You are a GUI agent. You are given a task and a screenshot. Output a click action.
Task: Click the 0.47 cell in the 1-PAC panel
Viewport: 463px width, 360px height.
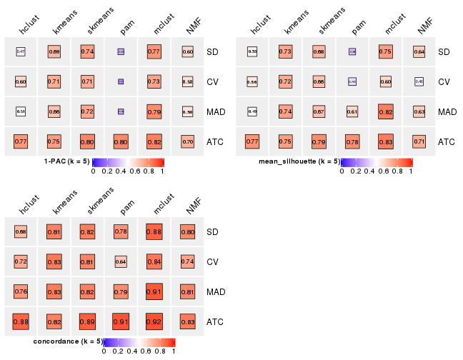pos(21,52)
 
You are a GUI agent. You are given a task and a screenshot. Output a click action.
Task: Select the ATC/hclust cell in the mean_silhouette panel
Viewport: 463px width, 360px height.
pos(252,142)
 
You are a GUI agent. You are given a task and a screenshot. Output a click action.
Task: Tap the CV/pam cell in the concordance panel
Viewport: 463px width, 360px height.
pos(121,262)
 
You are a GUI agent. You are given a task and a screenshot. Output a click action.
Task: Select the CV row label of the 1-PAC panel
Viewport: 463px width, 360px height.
pos(212,82)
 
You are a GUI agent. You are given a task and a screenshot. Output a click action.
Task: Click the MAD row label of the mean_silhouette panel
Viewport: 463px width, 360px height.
pos(447,112)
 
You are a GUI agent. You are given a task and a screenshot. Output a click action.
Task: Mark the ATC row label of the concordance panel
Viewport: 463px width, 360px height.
pos(214,322)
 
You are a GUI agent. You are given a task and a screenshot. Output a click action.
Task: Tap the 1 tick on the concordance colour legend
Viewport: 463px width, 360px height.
pos(174,351)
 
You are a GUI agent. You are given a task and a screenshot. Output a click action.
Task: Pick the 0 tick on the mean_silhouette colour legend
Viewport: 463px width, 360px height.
pos(342,171)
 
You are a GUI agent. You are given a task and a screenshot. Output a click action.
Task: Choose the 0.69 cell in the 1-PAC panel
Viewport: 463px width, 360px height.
pos(54,52)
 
